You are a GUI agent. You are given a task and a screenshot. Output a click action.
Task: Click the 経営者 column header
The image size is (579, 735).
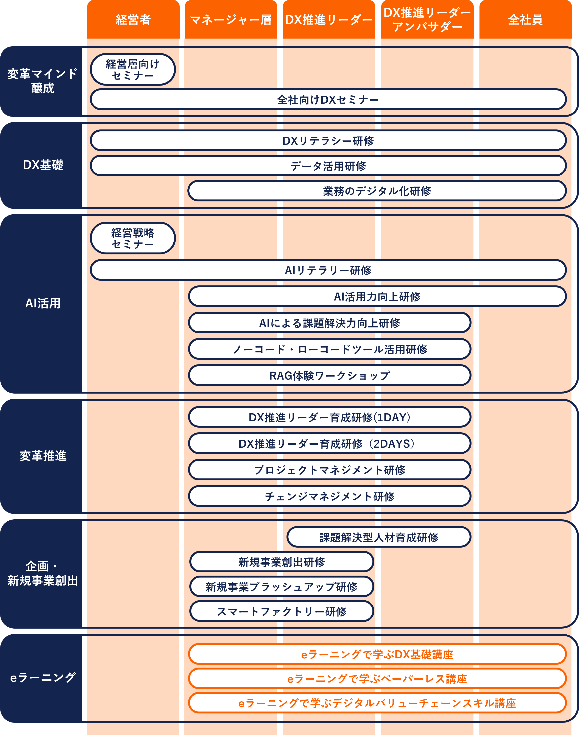click(x=133, y=20)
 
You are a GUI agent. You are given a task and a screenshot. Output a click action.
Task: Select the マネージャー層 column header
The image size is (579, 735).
click(x=231, y=20)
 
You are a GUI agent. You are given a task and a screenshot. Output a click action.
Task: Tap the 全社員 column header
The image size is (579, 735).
click(x=525, y=20)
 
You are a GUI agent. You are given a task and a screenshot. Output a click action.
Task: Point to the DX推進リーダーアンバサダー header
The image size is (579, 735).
click(x=427, y=20)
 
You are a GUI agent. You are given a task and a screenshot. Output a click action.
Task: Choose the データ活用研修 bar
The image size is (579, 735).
click(x=328, y=166)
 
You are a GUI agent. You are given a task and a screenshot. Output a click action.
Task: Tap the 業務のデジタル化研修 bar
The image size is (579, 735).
click(x=377, y=191)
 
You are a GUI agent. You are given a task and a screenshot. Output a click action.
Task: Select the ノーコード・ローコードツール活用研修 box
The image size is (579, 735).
click(x=330, y=349)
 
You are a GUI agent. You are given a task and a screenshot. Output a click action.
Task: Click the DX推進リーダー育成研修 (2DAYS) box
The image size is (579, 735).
click(x=330, y=444)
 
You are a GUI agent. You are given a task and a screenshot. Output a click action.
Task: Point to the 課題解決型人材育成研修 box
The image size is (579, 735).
click(x=379, y=537)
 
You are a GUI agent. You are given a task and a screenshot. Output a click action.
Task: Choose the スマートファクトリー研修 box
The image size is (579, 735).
click(x=281, y=611)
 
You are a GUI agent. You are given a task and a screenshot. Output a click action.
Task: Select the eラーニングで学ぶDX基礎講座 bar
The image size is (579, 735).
click(x=377, y=654)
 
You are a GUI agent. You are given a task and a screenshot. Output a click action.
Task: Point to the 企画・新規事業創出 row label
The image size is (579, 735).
click(x=43, y=573)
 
